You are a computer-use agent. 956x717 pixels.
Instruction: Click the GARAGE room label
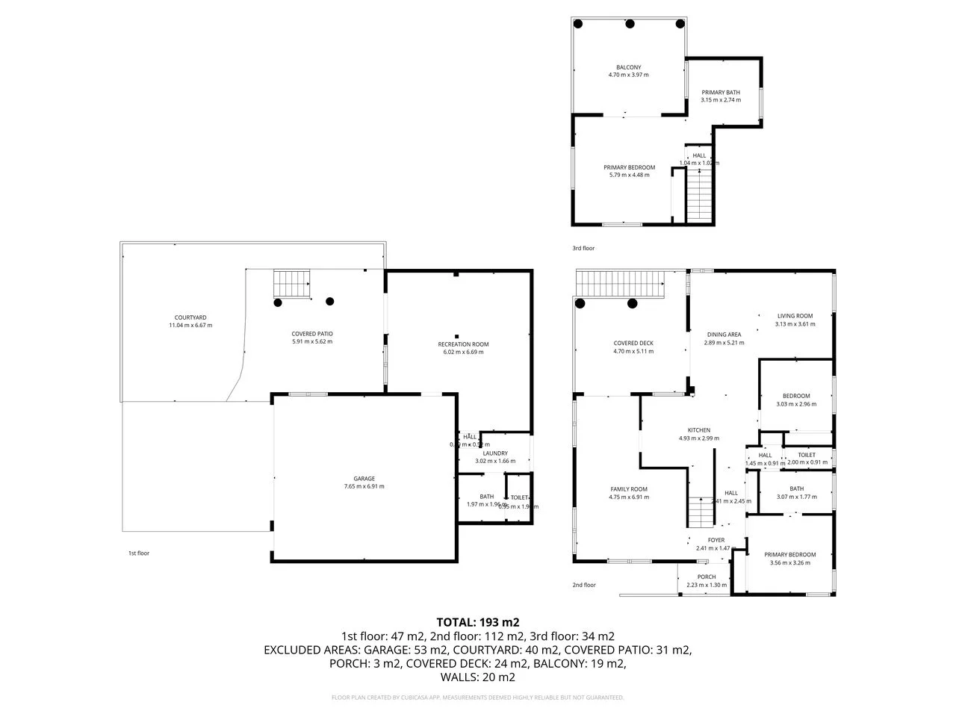pos(364,479)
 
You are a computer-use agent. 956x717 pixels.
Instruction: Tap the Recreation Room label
pos(463,344)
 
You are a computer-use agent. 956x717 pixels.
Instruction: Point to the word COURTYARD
pos(190,317)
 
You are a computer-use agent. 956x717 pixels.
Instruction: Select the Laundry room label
pos(495,453)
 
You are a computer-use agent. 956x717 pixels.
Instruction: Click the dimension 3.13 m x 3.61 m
pos(795,324)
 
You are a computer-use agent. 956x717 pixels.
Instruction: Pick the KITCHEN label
pos(698,430)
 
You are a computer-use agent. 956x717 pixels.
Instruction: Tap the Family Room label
pos(628,489)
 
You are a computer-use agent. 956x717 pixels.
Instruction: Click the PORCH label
pos(706,577)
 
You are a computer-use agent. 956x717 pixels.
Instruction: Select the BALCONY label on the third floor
pos(628,67)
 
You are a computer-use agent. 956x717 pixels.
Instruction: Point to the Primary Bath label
pos(721,93)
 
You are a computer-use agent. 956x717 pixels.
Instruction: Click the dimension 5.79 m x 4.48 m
pos(629,175)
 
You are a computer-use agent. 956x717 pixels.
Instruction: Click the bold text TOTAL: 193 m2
pos(477,621)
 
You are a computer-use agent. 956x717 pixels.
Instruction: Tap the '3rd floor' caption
pos(583,248)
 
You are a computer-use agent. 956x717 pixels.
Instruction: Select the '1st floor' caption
pos(138,553)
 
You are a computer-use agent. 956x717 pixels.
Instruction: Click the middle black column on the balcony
pos(630,24)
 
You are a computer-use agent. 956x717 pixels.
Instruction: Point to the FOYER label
pos(716,540)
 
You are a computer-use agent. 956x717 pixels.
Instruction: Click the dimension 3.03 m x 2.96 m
pos(796,404)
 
